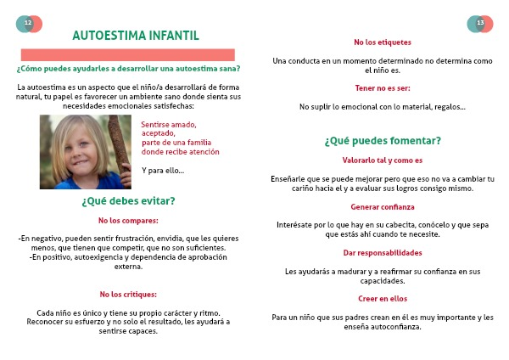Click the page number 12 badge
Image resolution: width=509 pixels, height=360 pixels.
pyautogui.click(x=28, y=24)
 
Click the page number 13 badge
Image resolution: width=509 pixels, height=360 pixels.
pyautogui.click(x=480, y=24)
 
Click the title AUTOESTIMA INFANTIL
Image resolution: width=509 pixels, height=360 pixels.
pyautogui.click(x=136, y=36)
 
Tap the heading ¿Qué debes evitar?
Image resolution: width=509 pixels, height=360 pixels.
pyautogui.click(x=128, y=201)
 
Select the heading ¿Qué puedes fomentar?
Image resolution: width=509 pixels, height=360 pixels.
pyautogui.click(x=382, y=141)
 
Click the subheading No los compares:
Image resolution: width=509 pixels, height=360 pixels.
pyautogui.click(x=128, y=221)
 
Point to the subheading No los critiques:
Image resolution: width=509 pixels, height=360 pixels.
pyautogui.click(x=128, y=294)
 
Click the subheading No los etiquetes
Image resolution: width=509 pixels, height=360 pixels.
pyautogui.click(x=382, y=42)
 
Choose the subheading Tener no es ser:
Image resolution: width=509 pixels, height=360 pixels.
pyautogui.click(x=382, y=87)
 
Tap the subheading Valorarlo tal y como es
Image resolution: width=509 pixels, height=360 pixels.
pyautogui.click(x=382, y=160)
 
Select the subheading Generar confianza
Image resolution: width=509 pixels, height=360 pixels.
pyautogui.click(x=382, y=206)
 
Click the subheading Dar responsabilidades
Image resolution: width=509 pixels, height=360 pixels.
pyautogui.click(x=382, y=252)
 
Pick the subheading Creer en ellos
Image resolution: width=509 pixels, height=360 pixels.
pyautogui.click(x=382, y=298)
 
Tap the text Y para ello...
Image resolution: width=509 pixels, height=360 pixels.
pyautogui.click(x=162, y=171)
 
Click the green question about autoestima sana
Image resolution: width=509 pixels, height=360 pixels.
pyautogui.click(x=128, y=69)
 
